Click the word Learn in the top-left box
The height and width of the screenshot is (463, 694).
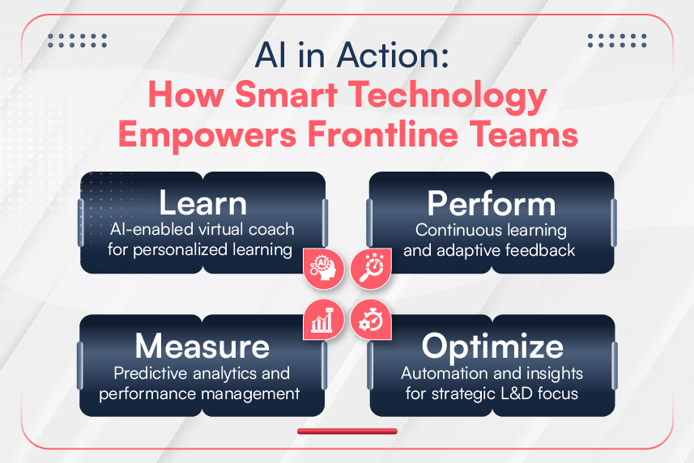pos(202,203)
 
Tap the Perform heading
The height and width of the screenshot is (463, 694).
pos(491,203)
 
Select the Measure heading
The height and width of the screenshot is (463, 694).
pos(202,346)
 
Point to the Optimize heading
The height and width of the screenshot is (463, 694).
pos(492,346)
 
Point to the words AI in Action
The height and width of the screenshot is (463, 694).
pos(346,57)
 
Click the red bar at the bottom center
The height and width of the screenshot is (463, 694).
pos(347,431)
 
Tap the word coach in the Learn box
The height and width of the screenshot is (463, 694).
pos(270,230)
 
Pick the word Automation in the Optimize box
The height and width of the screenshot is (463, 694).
pos(442,374)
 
